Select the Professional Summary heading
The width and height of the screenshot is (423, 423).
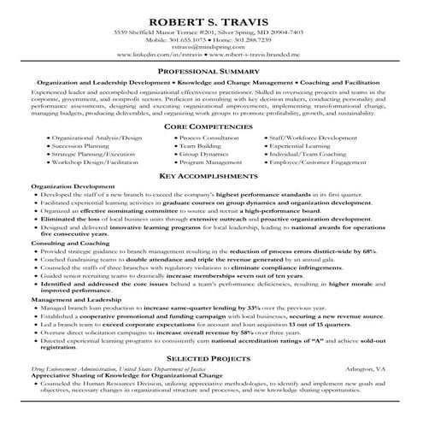click(x=210, y=73)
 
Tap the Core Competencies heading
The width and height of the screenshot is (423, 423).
click(x=210, y=126)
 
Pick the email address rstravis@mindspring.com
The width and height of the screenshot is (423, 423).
click(x=210, y=48)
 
